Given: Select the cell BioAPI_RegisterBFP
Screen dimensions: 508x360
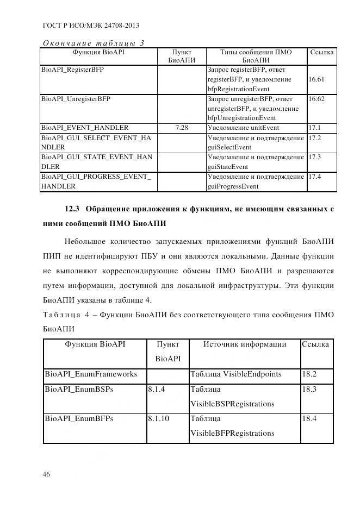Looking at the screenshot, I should (73, 70).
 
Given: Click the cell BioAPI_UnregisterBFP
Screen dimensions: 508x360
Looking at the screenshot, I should (76, 99).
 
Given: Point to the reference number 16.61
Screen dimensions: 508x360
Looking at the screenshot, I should (316, 79).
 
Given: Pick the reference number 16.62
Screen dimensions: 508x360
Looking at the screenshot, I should (316, 99).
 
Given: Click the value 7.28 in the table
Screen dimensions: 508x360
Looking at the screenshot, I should (182, 128).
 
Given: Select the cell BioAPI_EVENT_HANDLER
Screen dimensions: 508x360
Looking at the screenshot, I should (85, 128).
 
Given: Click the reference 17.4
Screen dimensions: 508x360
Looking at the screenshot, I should (315, 177).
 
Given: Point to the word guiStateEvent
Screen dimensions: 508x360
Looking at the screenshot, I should (228, 167).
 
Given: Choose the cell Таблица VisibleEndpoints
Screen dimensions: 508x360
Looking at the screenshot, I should (235, 374).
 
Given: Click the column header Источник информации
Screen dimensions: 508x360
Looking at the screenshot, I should (245, 344).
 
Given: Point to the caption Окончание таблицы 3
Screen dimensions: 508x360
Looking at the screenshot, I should (93, 43).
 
